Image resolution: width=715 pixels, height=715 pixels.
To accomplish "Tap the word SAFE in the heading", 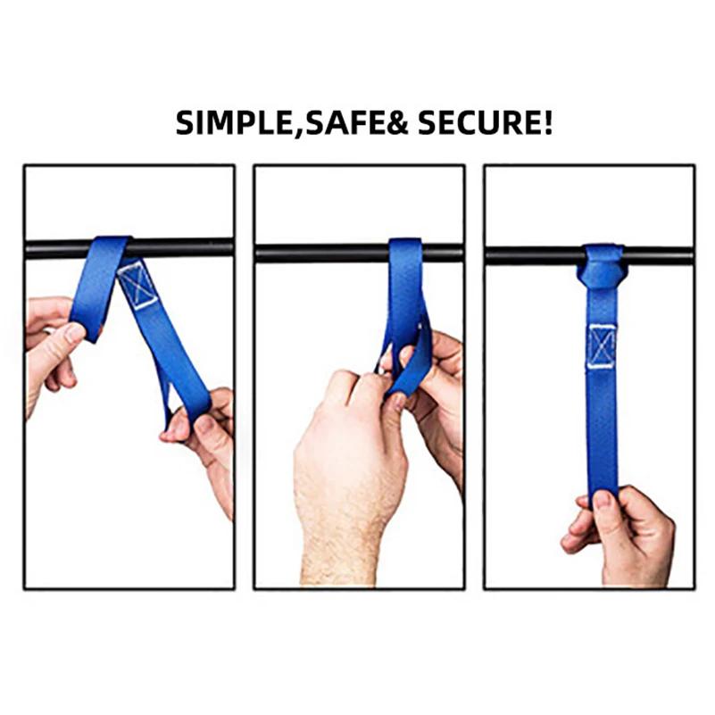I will click(337, 121).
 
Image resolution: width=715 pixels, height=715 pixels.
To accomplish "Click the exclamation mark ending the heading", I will click(545, 121).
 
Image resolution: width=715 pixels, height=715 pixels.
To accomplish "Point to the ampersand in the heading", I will click(392, 121).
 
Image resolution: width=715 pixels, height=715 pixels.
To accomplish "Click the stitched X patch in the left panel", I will click(137, 284).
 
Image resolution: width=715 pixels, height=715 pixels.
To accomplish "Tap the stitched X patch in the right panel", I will click(603, 345).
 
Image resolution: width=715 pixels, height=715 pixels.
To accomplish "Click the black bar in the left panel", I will click(54, 248).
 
